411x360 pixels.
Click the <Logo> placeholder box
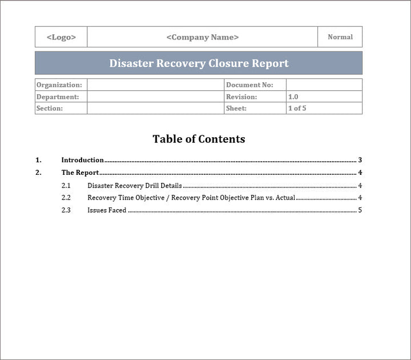pyautogui.click(x=61, y=37)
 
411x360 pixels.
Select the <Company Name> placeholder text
pyautogui.click(x=203, y=37)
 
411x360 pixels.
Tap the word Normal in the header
pyautogui.click(x=340, y=37)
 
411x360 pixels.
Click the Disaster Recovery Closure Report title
pyautogui.click(x=199, y=63)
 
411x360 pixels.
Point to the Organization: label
pyautogui.click(x=59, y=85)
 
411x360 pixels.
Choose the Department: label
pyautogui.click(x=58, y=97)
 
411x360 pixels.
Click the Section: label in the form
pyautogui.click(x=50, y=109)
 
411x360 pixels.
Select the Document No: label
pyautogui.click(x=249, y=85)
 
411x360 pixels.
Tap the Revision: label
pyautogui.click(x=241, y=97)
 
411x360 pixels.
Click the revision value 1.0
pyautogui.click(x=293, y=97)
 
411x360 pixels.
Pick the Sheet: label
pyautogui.click(x=236, y=109)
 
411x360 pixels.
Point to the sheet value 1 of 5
pyautogui.click(x=297, y=109)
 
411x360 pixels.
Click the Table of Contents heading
pyautogui.click(x=199, y=139)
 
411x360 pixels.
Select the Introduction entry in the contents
pyautogui.click(x=83, y=161)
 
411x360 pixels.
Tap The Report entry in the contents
pyautogui.click(x=80, y=173)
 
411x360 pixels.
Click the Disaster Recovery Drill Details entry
pyautogui.click(x=135, y=186)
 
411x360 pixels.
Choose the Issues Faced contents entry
pyautogui.click(x=107, y=210)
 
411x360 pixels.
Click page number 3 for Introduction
pyautogui.click(x=360, y=161)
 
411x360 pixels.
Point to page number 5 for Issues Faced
pyautogui.click(x=360, y=210)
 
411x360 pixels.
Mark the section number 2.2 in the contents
pyautogui.click(x=66, y=198)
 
